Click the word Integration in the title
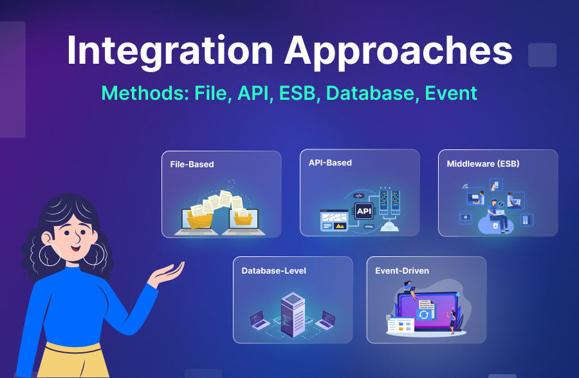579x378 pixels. (x=169, y=50)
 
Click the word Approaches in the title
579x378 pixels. (x=399, y=50)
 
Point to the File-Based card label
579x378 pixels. (x=192, y=164)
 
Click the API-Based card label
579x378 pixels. (x=330, y=163)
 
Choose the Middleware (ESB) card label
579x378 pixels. (x=482, y=164)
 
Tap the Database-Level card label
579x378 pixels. (x=273, y=271)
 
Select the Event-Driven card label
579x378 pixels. (x=402, y=271)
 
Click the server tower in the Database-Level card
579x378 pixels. (x=293, y=312)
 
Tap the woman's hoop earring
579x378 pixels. (x=50, y=254)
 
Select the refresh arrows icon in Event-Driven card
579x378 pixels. (x=424, y=314)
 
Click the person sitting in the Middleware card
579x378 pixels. (x=497, y=214)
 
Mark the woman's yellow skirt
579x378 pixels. (x=71, y=361)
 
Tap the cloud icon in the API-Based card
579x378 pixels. (x=391, y=225)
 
